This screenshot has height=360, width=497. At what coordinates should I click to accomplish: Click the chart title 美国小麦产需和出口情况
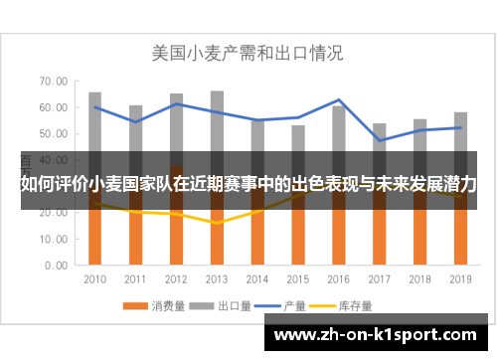point(247,53)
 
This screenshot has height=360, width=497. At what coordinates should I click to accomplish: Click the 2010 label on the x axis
point(95,279)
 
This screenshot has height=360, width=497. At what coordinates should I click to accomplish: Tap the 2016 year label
point(338,279)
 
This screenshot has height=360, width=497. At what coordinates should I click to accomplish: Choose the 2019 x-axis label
point(459,279)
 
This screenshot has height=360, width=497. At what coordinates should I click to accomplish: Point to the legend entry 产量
point(291,305)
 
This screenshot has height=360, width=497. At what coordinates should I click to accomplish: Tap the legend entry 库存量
point(351,305)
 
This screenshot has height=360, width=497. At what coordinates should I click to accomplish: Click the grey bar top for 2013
point(217,91)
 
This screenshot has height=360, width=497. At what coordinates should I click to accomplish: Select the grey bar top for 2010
point(95,93)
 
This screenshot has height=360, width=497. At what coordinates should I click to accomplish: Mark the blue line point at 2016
point(338,100)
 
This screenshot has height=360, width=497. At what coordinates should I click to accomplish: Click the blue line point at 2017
point(379,140)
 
